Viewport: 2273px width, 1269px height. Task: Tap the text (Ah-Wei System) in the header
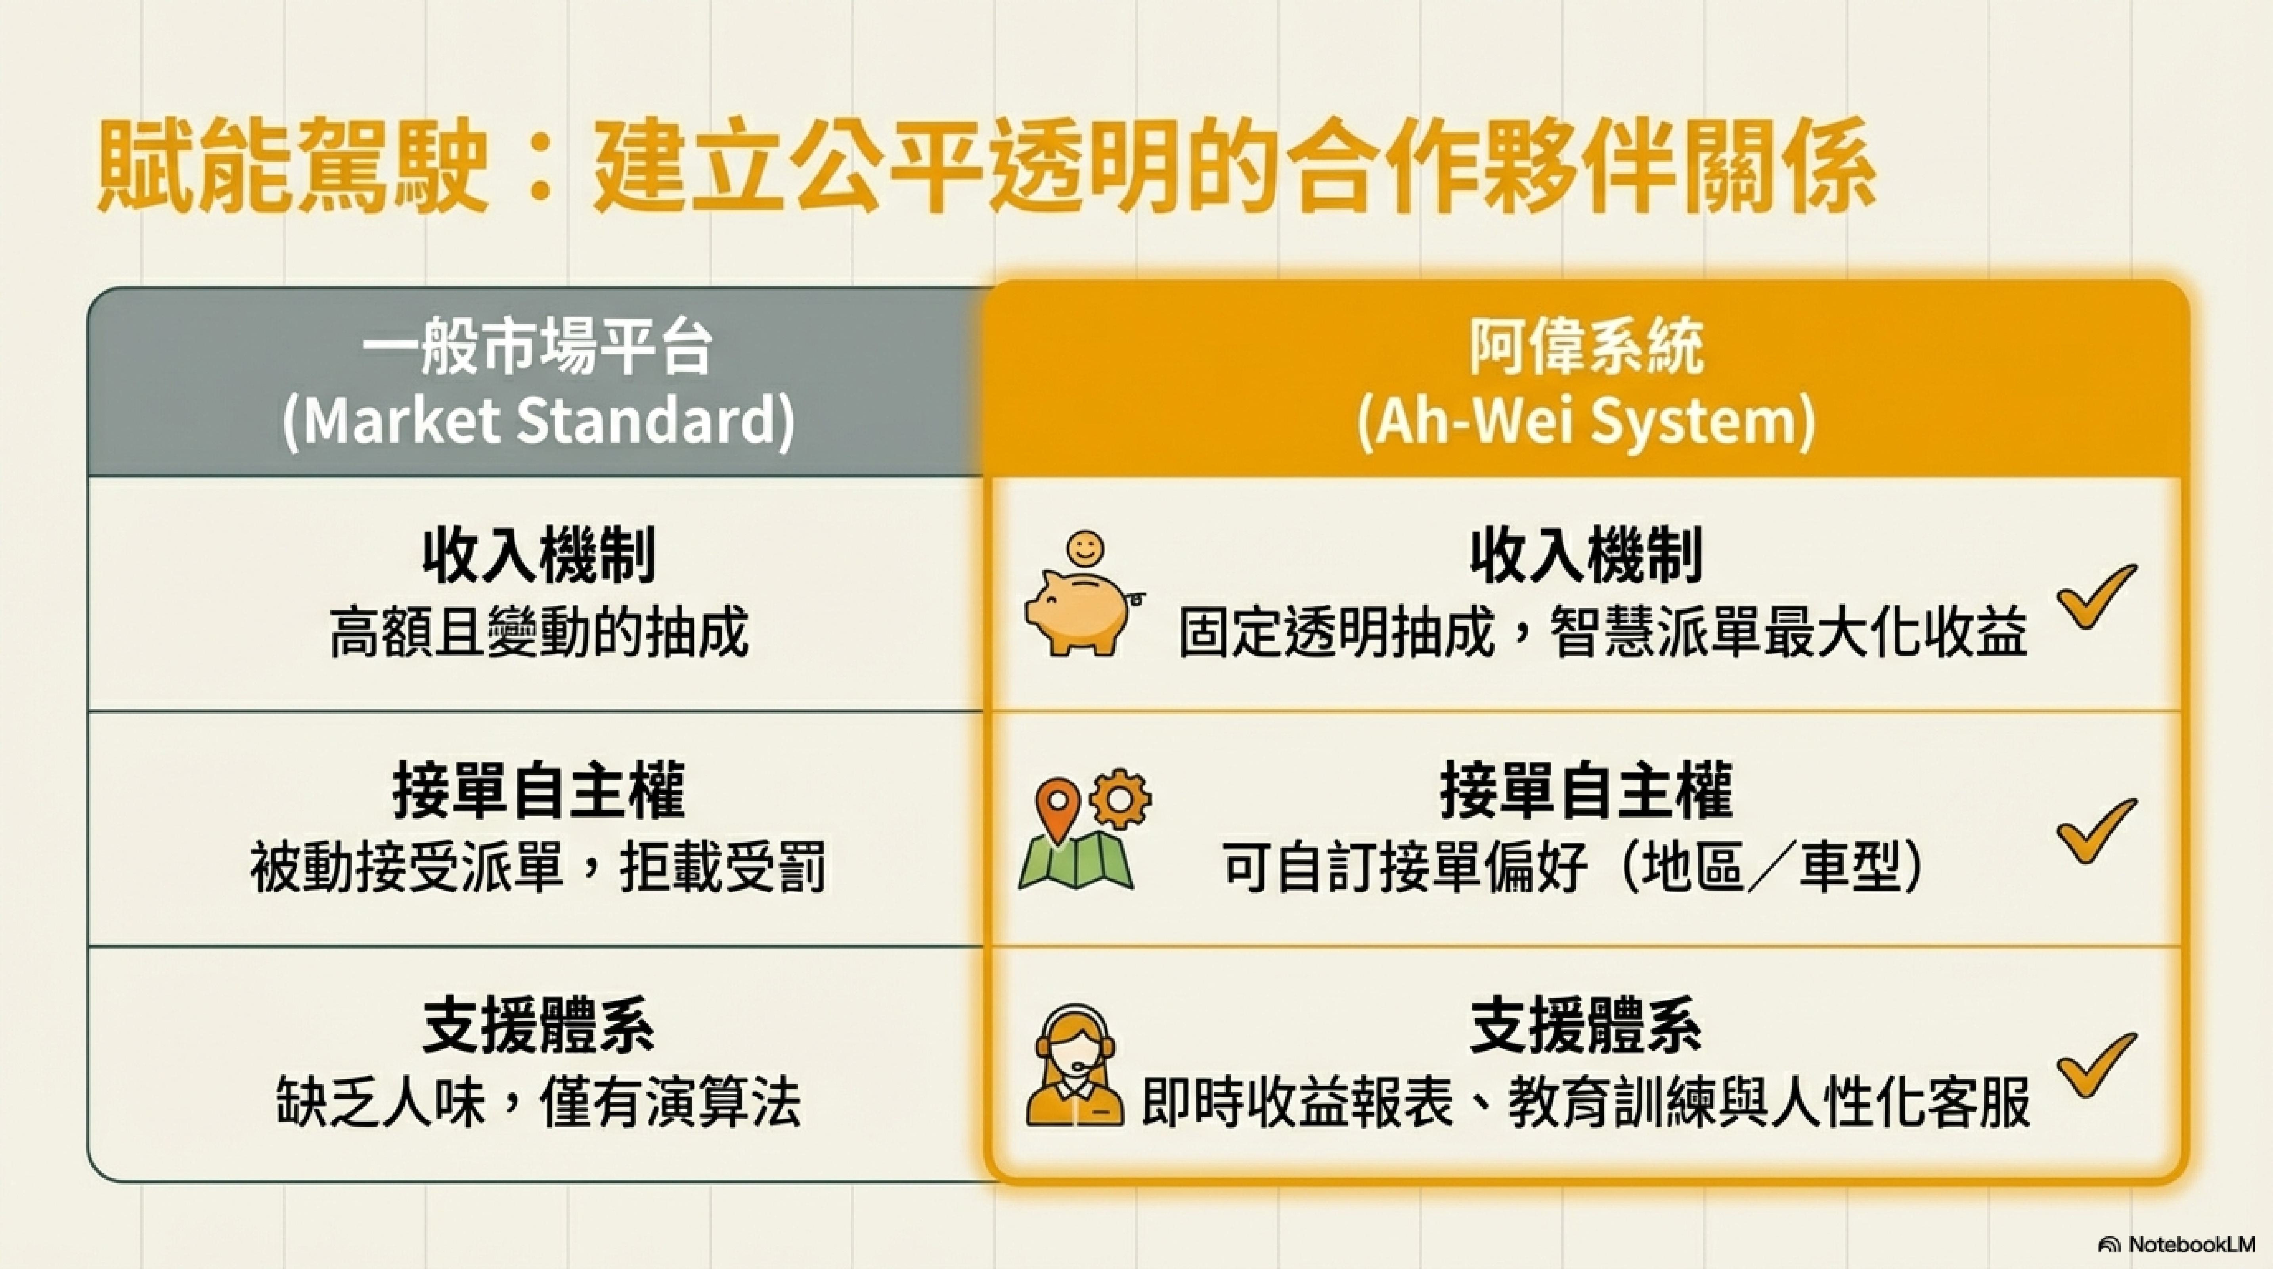1586,422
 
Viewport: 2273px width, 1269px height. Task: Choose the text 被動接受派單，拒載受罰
538,867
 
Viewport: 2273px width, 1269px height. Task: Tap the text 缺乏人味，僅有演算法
538,1101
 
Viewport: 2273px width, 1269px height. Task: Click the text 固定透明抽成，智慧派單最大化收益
1602,633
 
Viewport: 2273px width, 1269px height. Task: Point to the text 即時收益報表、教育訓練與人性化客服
1586,1101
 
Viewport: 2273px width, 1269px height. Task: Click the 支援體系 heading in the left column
538,1026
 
